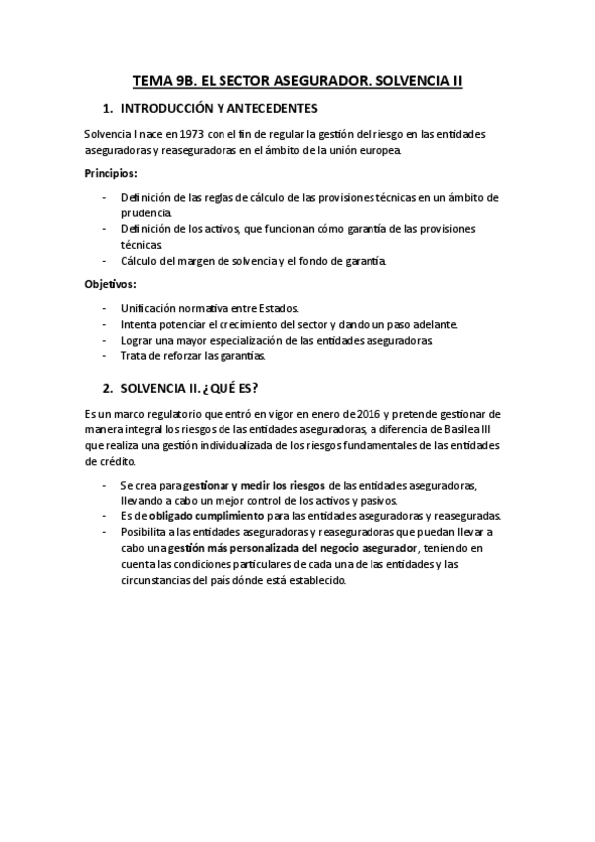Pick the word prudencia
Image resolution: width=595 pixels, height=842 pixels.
pos(146,212)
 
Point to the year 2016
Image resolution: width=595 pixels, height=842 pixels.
pos(387,413)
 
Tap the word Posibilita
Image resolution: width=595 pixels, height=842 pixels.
pos(146,532)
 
